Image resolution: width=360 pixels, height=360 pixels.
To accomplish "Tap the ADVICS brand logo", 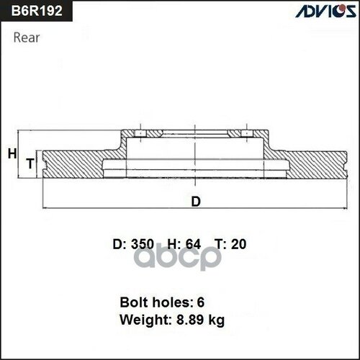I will click(x=323, y=11).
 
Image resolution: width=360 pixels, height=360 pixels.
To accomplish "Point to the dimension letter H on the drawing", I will click(x=12, y=153).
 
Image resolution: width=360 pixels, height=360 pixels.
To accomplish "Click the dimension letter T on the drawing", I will click(x=30, y=165).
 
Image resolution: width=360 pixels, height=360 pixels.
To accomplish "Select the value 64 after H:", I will click(x=192, y=244).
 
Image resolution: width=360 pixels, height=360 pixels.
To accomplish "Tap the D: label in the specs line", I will click(x=120, y=244).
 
